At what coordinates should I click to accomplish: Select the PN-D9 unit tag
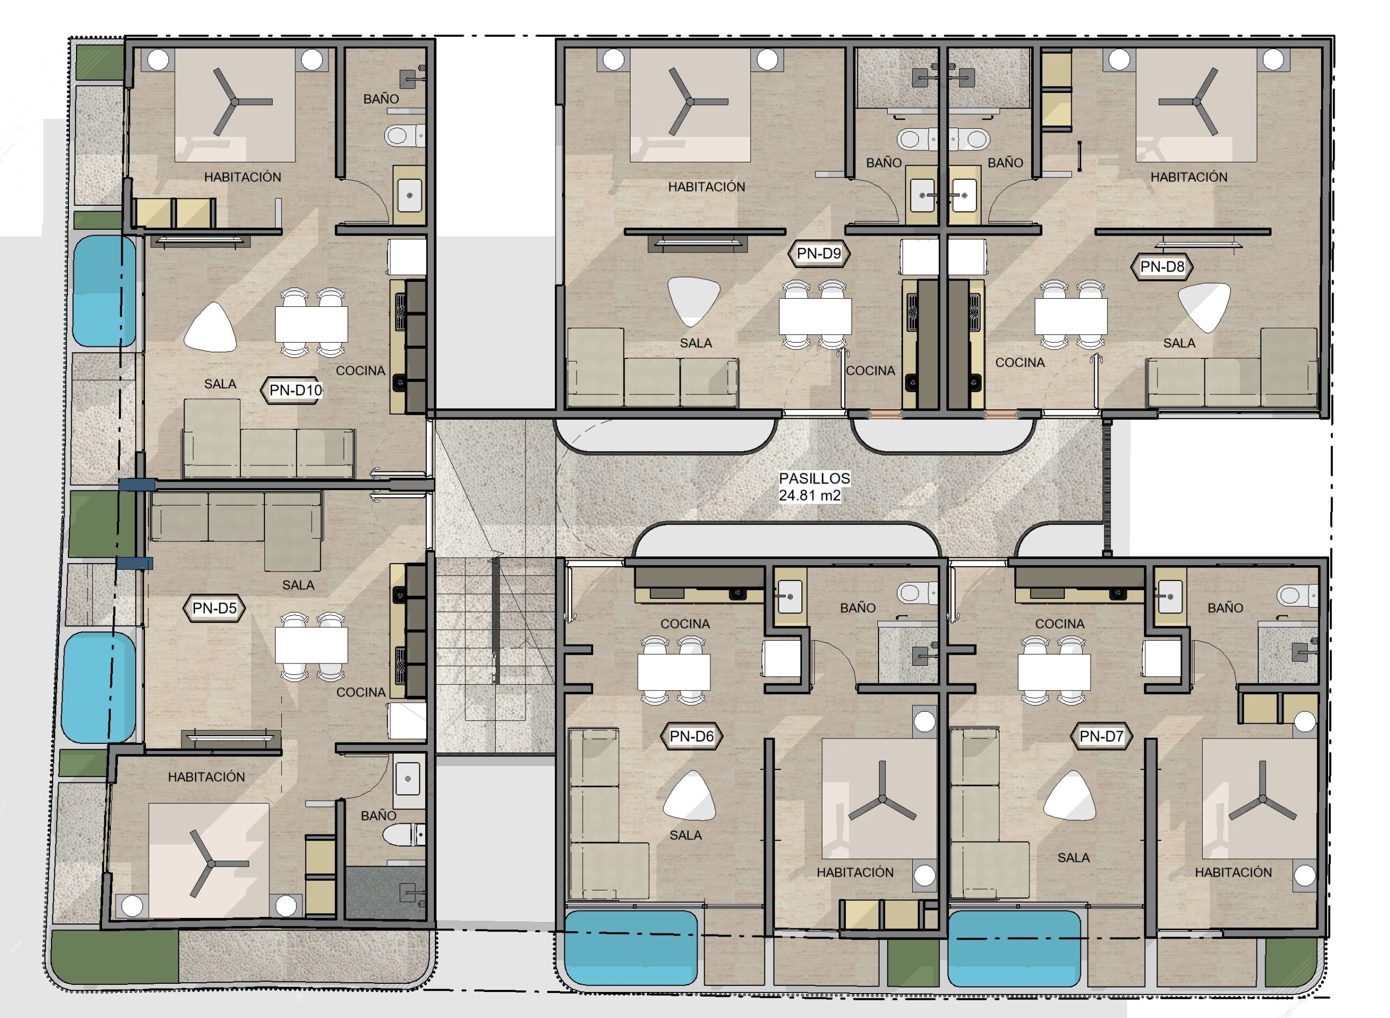819,253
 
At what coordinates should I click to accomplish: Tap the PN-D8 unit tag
1162,267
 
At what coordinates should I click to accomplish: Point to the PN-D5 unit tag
214,608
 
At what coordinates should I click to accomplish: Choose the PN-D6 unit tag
691,736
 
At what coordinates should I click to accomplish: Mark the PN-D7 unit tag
1102,736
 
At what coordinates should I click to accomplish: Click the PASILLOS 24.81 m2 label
814,487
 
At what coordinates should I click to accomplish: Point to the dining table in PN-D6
673,672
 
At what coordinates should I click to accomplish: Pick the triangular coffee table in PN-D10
210,327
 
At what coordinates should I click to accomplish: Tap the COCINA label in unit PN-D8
1020,362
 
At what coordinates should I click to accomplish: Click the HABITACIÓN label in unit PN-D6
855,872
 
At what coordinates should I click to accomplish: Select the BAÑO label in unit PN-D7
1225,608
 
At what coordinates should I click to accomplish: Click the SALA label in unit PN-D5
298,585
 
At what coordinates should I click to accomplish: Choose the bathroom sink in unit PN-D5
408,780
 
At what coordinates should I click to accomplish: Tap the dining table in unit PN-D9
815,316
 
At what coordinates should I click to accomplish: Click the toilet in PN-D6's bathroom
918,593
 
